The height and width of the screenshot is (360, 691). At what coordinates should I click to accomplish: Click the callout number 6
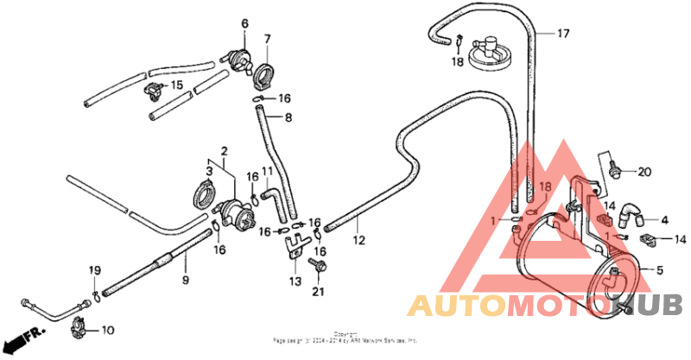coord(244,23)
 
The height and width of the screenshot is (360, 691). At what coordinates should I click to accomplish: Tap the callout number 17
coord(563,35)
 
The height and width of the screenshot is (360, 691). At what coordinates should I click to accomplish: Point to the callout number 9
coord(185,279)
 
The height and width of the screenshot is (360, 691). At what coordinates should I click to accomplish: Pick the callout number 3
coord(208,161)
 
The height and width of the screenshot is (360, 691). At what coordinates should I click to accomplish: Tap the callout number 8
coord(288,117)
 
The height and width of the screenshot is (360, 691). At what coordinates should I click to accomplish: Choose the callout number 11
coord(268,172)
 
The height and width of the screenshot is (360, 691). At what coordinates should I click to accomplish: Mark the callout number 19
coord(95,270)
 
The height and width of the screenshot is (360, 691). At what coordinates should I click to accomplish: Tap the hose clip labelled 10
coord(79,327)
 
